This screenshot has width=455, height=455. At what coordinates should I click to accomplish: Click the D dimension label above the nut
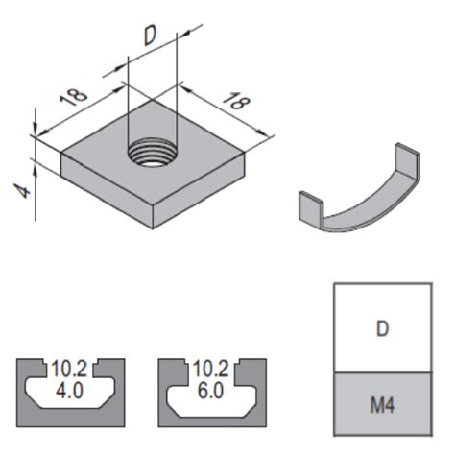pyautogui.click(x=150, y=37)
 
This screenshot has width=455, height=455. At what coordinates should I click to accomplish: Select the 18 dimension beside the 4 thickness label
pyautogui.click(x=73, y=95)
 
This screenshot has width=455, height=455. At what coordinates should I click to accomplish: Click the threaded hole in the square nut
pyautogui.click(x=152, y=152)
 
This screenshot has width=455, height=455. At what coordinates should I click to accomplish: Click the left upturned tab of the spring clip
pyautogui.click(x=311, y=205)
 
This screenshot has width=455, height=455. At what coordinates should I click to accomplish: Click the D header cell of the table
pyautogui.click(x=382, y=328)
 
